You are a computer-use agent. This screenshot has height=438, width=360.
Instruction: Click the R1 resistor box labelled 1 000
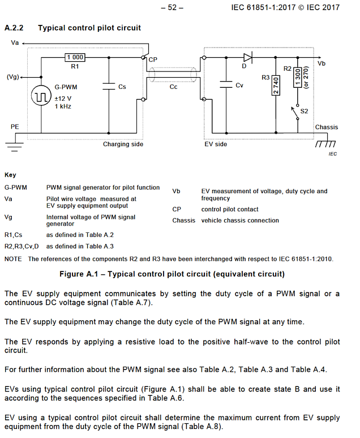pos(75,57)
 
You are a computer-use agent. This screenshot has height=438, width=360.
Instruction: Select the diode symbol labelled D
pos(247,57)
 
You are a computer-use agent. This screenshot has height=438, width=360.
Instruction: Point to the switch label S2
pos(304,111)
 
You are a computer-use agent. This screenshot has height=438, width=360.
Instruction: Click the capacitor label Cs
pos(122,87)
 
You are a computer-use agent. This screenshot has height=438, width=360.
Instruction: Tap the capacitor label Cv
pos(239,86)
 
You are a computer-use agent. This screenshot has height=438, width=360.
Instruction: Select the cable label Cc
pos(173,87)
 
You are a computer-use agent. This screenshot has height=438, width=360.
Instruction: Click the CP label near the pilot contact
pos(153,59)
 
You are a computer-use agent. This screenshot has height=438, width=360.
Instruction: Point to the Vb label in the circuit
pos(322,63)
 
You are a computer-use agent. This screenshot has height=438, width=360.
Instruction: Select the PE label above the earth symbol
pos(15,126)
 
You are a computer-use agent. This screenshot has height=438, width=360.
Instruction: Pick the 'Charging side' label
pos(123,144)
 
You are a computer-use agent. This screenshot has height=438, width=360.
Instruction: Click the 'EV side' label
pos(215,144)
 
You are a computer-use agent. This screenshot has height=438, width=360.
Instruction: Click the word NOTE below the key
pos(13,259)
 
